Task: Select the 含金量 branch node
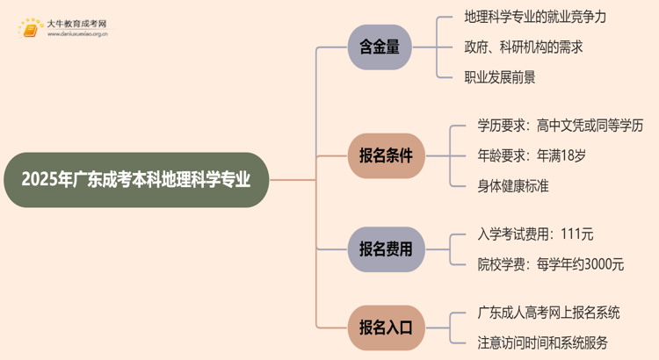[379, 47]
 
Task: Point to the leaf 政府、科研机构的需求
[522, 47]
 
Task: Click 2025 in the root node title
[40, 180]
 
